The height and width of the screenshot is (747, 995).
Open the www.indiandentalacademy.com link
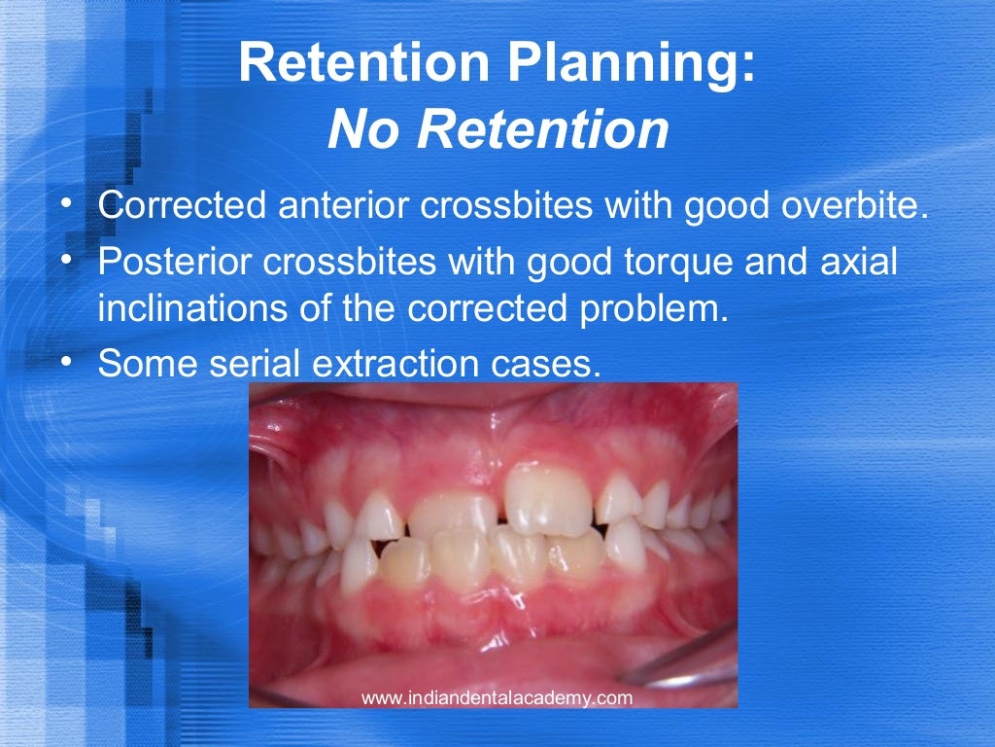[497, 697]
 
